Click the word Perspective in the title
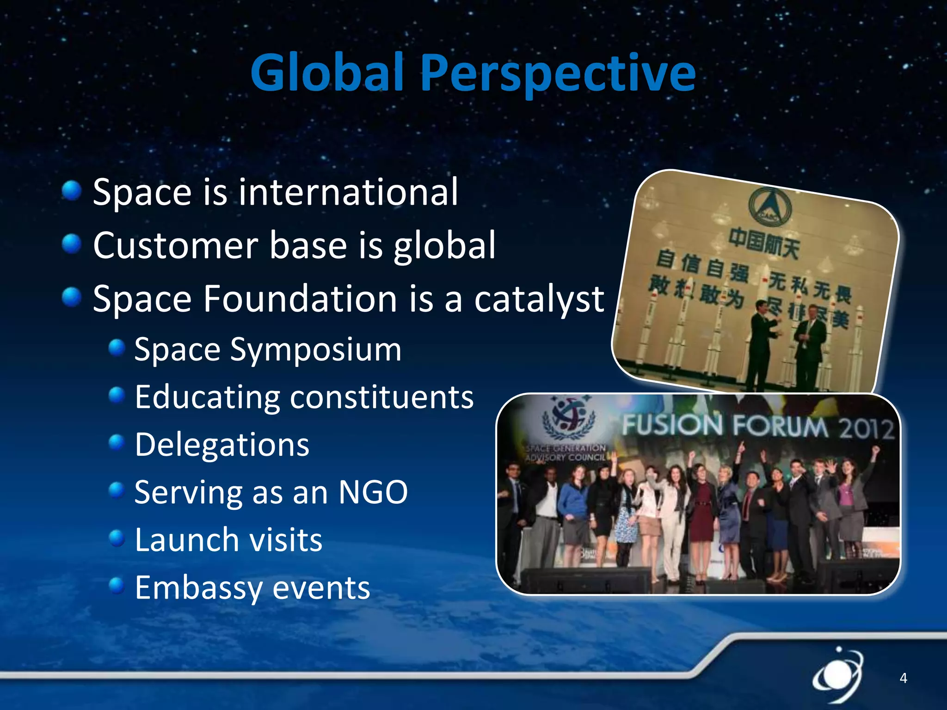coord(558,73)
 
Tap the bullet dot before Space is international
coord(72,190)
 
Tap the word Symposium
coord(316,350)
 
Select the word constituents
coord(381,397)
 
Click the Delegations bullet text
coord(222,445)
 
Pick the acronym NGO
coord(373,492)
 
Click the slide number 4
coord(903,678)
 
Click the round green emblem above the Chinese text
coord(770,207)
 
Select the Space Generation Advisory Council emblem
coord(568,417)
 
